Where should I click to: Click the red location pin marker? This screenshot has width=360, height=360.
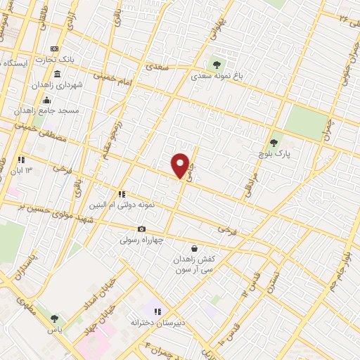click(x=181, y=165)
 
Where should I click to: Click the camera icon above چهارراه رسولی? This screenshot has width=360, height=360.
click(x=141, y=229)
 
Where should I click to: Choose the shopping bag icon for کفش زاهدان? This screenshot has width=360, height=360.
click(x=194, y=248)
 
